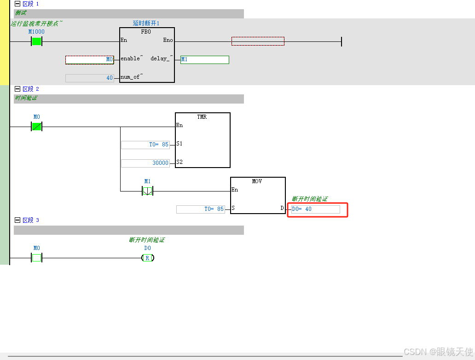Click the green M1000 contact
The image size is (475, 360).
[x=36, y=41]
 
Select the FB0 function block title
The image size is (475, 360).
[x=146, y=32]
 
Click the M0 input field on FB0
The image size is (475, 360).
[x=90, y=60]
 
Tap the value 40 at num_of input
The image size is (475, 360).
[x=90, y=78]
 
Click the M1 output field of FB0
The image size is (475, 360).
[x=204, y=60]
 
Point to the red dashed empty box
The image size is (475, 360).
[x=258, y=41]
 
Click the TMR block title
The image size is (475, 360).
[x=202, y=117]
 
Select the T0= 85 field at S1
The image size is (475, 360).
[x=145, y=145]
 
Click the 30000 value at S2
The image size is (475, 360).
[x=145, y=163]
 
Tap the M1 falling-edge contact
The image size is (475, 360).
[x=147, y=191]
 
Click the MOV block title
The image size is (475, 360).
[x=257, y=181]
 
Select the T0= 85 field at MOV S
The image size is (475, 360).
[x=201, y=209]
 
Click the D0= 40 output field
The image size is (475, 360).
[x=316, y=209]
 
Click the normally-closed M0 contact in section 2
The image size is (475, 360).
[x=36, y=126]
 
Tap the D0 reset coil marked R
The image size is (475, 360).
[x=147, y=258]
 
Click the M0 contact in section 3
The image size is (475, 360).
[x=36, y=258]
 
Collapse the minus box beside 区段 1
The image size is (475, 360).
[x=17, y=4]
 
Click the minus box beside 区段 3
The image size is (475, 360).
[x=17, y=220]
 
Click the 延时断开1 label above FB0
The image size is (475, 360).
[x=146, y=23]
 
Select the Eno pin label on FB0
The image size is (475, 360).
[x=168, y=40]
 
